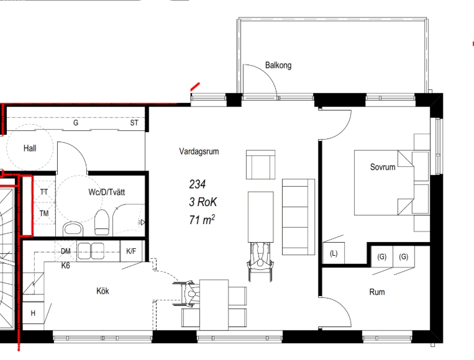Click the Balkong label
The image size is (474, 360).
278,65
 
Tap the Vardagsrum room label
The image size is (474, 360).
199,151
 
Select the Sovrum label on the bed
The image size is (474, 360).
383,167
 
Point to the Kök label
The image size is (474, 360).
103,291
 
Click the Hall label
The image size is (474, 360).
30,148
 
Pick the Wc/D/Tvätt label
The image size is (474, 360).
106,192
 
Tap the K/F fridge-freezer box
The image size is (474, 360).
131,251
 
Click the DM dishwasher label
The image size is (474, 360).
66,251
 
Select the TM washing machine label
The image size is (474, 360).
44,214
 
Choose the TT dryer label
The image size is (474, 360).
44,192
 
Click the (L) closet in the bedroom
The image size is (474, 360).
334,253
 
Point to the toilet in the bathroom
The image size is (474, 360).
102,223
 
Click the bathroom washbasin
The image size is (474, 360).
73,230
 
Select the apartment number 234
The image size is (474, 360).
198,184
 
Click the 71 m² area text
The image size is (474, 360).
202,220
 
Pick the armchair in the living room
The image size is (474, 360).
260,164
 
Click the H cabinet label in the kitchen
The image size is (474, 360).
33,313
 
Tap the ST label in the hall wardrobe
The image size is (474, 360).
134,123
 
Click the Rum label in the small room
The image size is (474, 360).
377,292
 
